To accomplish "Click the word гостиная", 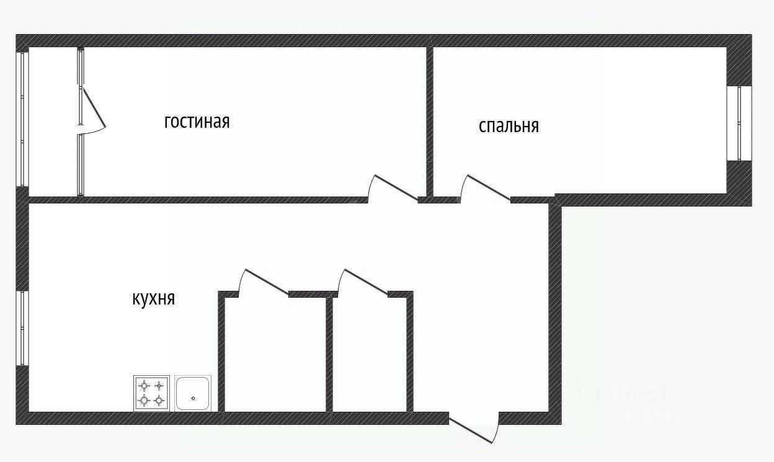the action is click(197, 121).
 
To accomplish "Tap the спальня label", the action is click(509, 126).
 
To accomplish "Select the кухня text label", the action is click(154, 298).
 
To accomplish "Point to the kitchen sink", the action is click(193, 393).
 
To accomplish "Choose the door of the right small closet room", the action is click(365, 282).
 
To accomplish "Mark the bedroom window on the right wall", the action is click(739, 123).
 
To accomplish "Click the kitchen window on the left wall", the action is click(22, 327).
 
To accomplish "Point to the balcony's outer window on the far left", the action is click(22, 118).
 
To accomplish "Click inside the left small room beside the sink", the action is click(275, 353).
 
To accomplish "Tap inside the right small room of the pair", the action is click(370, 353).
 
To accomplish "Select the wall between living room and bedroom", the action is click(429, 118).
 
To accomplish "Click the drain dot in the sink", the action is click(193, 398).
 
